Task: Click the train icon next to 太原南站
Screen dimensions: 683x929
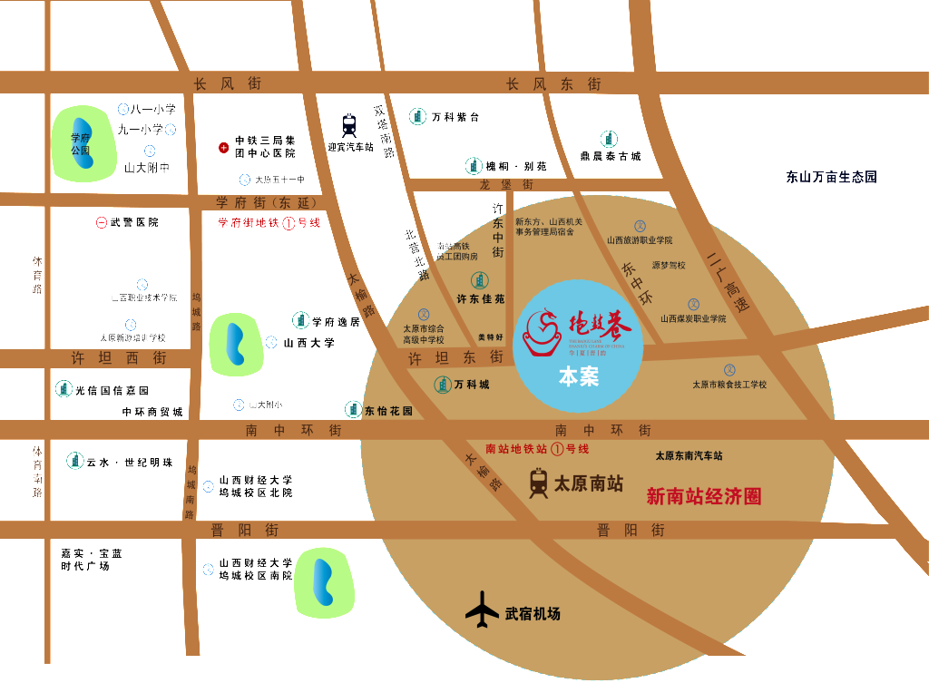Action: click(539, 483)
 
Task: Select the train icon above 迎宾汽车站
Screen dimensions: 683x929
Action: click(349, 124)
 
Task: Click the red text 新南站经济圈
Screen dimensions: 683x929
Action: click(703, 496)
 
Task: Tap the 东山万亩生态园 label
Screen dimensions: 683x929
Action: click(831, 177)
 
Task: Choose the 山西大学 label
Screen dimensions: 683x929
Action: click(308, 343)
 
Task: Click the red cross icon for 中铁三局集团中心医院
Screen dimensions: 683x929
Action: click(223, 147)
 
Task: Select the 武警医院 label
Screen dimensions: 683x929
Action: click(133, 222)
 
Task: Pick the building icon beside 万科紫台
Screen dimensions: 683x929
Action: click(417, 116)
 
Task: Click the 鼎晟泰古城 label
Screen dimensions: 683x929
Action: click(611, 156)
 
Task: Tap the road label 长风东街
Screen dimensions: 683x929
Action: click(553, 83)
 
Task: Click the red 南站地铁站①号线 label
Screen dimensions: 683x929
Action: click(537, 449)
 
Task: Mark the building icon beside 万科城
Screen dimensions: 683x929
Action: click(443, 385)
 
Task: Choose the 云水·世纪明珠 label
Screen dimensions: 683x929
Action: click(129, 462)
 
